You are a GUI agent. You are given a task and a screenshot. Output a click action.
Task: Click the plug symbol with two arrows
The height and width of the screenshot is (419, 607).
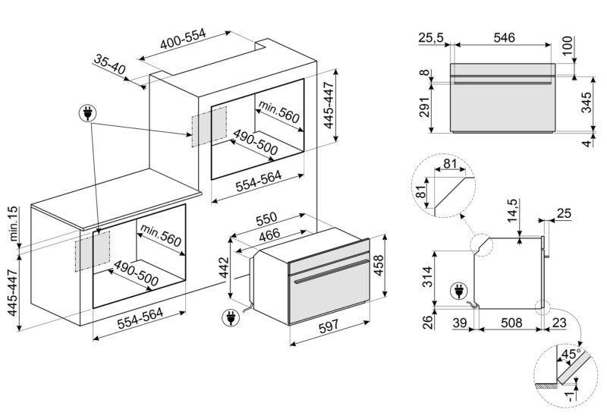90,115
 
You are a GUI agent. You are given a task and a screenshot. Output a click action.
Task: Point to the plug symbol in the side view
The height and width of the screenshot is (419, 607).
458,290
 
